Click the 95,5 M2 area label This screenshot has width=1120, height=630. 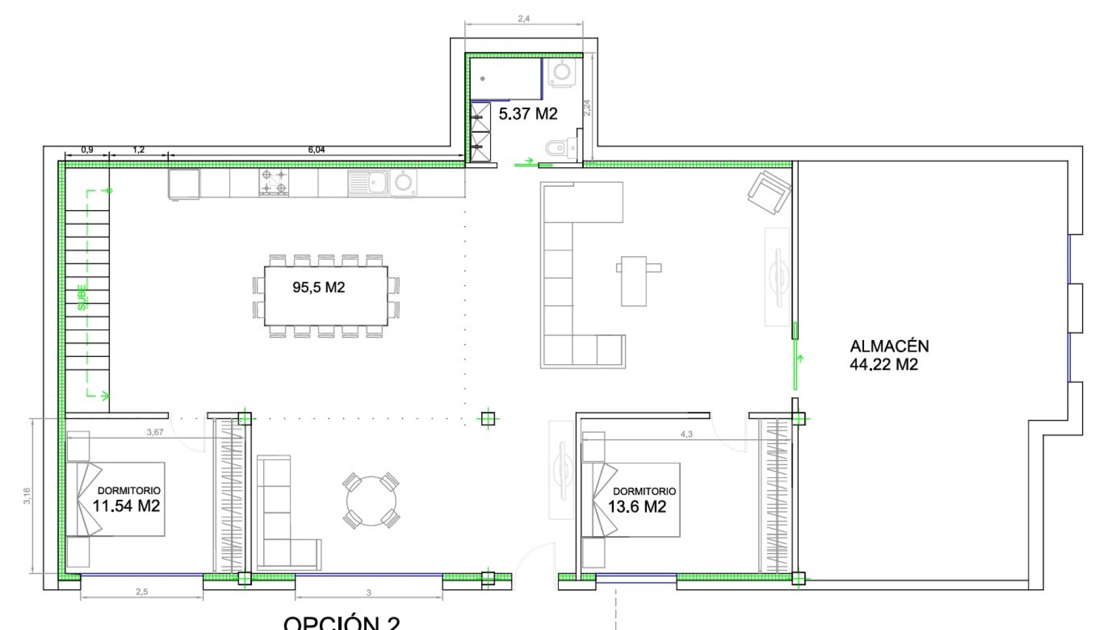click(318, 287)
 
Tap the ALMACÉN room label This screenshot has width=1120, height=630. click(889, 346)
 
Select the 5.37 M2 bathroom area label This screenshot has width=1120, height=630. click(528, 114)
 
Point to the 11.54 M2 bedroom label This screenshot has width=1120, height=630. click(127, 505)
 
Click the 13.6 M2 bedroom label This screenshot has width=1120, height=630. click(637, 506)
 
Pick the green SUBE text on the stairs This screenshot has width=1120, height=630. click(82, 296)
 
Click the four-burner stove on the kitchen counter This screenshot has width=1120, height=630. click(274, 181)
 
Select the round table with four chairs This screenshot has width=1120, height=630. click(372, 501)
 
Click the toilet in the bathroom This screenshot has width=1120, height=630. click(559, 149)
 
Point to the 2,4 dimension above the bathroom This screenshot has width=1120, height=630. click(524, 19)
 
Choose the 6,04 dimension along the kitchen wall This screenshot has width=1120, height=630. click(316, 150)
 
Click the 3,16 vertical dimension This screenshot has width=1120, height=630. click(27, 496)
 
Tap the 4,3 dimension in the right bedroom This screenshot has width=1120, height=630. click(687, 434)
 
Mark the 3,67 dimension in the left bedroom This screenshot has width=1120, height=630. click(155, 432)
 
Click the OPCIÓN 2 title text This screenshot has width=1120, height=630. click(342, 622)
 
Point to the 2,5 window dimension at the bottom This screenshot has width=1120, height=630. click(142, 591)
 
